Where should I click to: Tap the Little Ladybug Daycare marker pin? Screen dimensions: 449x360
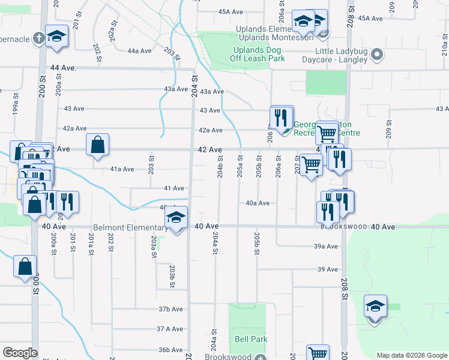[x=378, y=55]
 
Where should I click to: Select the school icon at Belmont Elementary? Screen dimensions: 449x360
[x=176, y=218]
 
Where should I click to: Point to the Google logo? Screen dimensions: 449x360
[x=20, y=353]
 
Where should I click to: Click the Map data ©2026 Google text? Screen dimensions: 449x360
[x=411, y=355]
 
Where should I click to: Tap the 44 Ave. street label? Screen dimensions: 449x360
[x=64, y=68]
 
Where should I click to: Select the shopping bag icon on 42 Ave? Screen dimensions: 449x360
[x=97, y=145]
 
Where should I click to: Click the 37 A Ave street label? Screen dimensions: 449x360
[x=170, y=329]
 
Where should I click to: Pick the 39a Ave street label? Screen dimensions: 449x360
[x=325, y=246]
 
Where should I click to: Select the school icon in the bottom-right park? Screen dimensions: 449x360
[x=375, y=307]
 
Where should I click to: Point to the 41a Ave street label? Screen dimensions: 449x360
[x=122, y=169]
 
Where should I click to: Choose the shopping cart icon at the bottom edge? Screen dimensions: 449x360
[x=317, y=354]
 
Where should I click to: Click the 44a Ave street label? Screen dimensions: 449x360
[x=139, y=51]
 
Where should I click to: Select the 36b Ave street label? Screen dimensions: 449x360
[x=170, y=350]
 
